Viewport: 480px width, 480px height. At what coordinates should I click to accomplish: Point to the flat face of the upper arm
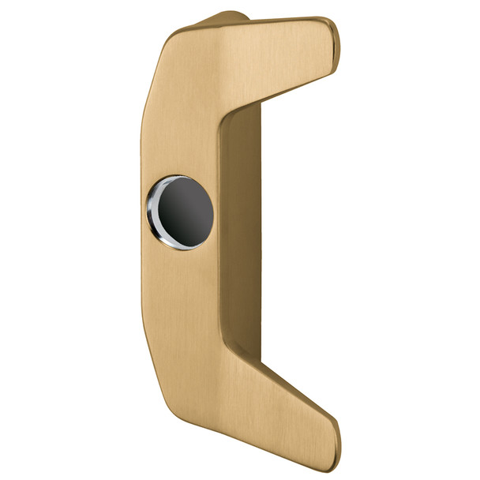[x=276, y=55]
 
